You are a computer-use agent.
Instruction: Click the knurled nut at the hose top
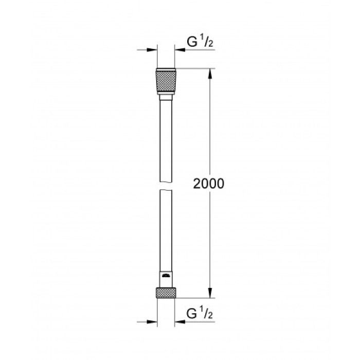(x=166, y=80)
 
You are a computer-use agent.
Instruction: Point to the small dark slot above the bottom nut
(x=166, y=277)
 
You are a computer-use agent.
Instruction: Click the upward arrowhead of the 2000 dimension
(x=210, y=74)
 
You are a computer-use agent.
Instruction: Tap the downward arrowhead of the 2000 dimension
(x=210, y=293)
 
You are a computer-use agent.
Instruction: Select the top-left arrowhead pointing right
(x=152, y=50)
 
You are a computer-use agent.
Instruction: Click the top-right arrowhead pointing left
(x=179, y=50)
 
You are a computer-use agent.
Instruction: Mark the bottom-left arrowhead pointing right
(x=152, y=322)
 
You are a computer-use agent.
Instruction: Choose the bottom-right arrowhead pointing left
(x=179, y=322)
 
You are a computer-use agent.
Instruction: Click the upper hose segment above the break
(x=166, y=134)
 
